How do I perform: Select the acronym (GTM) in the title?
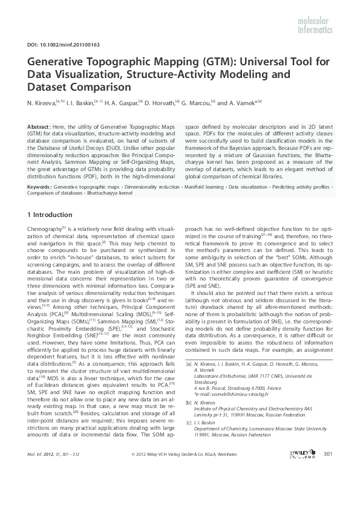point(177,62)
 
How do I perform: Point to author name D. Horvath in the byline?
point(159,103)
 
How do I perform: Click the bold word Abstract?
point(39,125)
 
